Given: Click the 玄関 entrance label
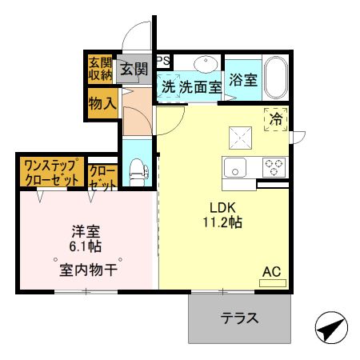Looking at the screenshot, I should click(x=134, y=70).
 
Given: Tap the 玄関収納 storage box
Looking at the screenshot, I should click(x=101, y=69).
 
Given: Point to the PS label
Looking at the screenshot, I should click(x=163, y=60).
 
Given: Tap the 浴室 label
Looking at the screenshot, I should click(x=242, y=80).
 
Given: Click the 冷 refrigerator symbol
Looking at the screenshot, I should click(x=276, y=120).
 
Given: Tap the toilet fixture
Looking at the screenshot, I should click(x=137, y=171).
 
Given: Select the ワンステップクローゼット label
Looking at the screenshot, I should click(x=52, y=173).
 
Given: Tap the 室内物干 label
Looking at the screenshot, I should click(x=87, y=270).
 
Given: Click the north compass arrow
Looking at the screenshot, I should click(x=332, y=328).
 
